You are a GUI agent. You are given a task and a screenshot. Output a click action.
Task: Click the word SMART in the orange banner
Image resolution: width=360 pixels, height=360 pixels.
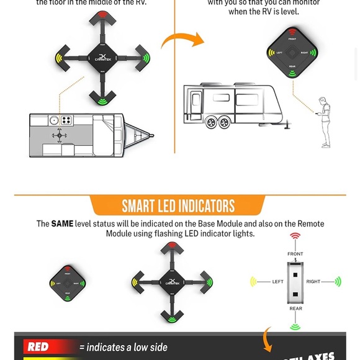click(x=144, y=206)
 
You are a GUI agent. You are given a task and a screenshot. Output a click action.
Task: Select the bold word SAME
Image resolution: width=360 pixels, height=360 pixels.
click(x=62, y=223)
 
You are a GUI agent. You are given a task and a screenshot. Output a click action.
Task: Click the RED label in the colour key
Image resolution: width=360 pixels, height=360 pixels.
click(x=38, y=347)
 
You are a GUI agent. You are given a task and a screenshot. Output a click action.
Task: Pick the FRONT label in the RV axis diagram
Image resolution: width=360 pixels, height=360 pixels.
click(x=295, y=254)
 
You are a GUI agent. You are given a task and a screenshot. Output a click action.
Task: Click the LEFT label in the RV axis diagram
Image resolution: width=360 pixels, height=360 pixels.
click(x=277, y=282)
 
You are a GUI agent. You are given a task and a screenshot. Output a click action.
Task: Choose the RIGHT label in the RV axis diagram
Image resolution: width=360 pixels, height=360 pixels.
click(x=313, y=282)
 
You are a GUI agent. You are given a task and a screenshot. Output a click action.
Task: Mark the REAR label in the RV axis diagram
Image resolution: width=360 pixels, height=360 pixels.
click(x=295, y=308)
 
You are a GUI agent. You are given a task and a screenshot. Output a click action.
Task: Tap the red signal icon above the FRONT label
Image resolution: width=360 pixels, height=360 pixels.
click(x=295, y=237)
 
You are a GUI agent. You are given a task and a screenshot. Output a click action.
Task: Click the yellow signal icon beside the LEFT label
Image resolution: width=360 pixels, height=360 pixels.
click(x=254, y=282)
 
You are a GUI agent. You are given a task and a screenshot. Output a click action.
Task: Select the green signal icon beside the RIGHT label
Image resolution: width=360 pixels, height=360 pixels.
click(x=338, y=282)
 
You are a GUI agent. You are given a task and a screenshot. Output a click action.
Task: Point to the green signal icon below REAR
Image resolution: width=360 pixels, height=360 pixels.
click(x=295, y=326)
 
